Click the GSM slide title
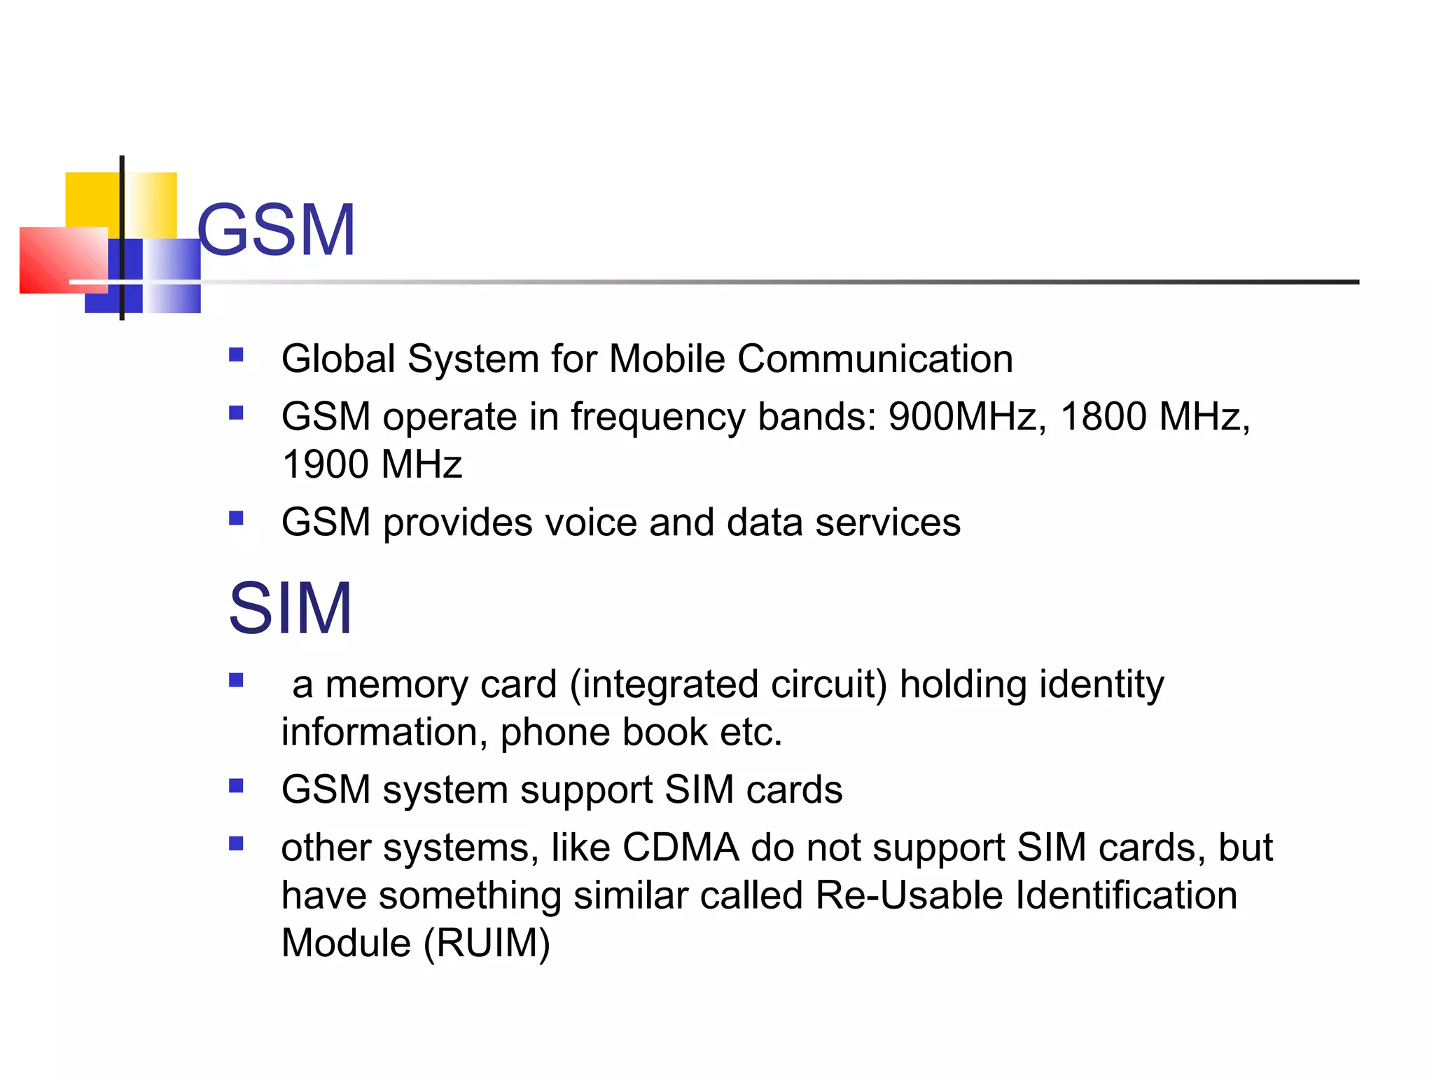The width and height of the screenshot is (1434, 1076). [277, 230]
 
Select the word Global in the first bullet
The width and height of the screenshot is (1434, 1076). [338, 359]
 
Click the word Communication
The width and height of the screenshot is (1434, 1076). [875, 359]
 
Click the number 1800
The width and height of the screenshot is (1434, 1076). [1104, 417]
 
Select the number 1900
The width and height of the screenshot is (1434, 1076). [326, 464]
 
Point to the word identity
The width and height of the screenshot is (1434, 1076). [1101, 684]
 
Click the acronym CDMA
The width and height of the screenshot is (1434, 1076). [680, 848]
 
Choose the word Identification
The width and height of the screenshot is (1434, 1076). [1126, 895]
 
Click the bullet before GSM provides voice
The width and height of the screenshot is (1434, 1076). [236, 518]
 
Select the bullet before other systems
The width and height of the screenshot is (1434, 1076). [236, 843]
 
